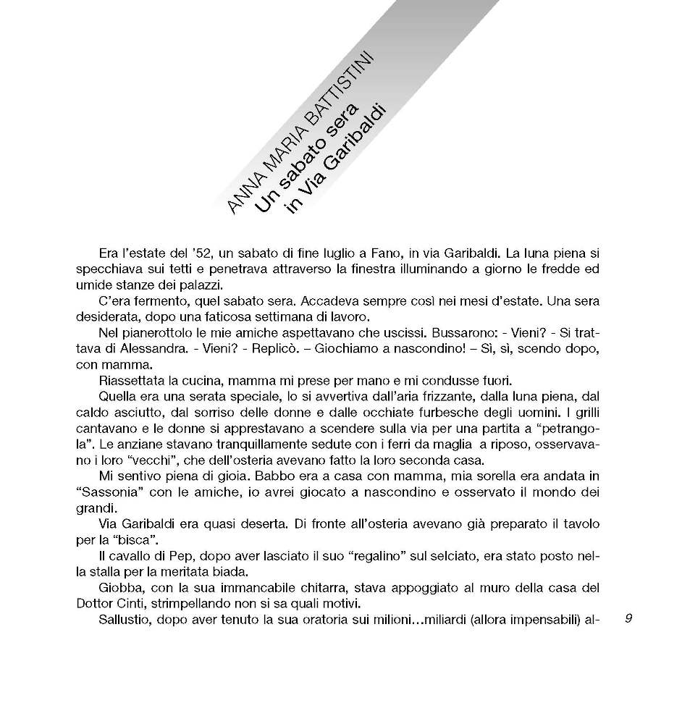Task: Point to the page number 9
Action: click(628, 618)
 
